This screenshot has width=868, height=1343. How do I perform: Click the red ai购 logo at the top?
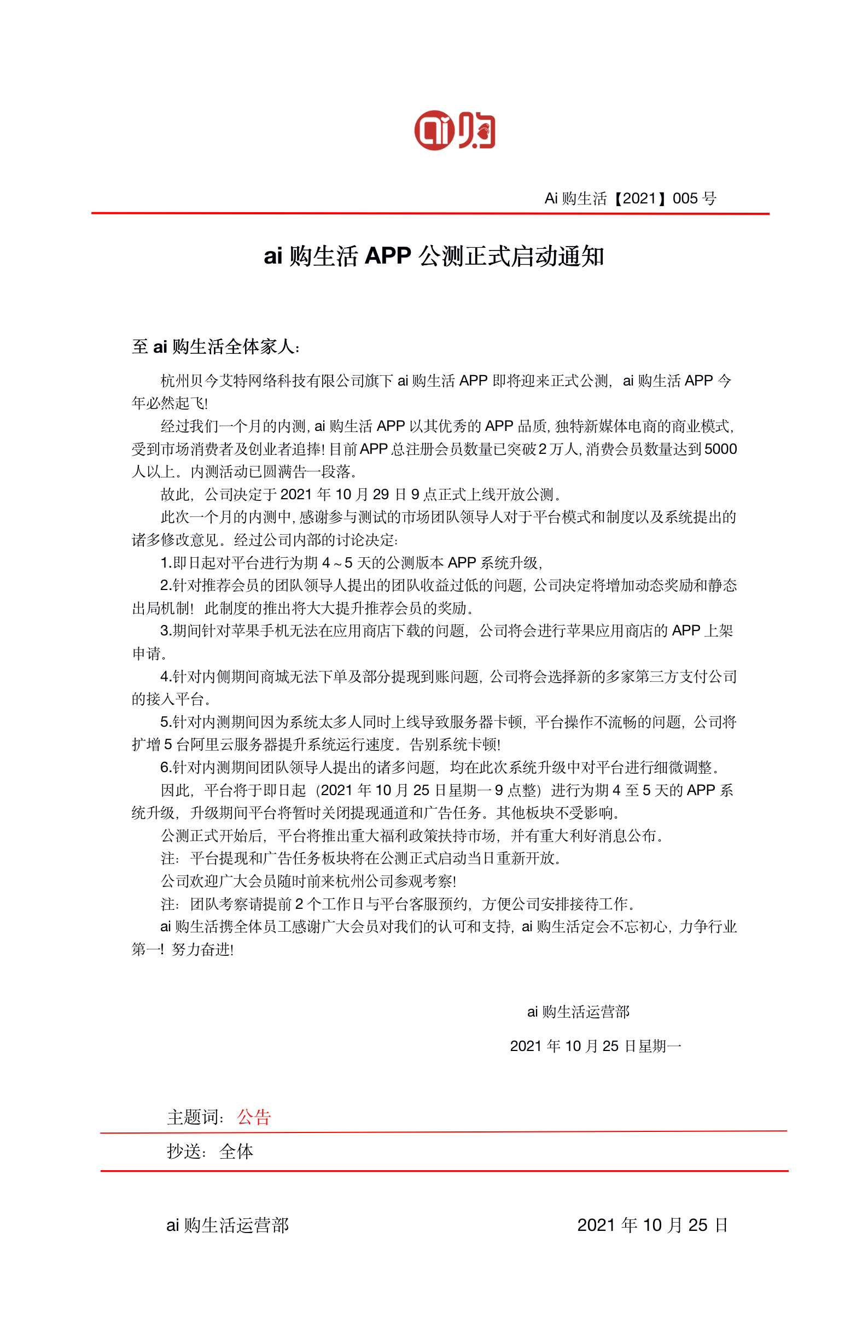click(x=455, y=130)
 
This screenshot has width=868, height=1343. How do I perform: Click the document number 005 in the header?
click(x=685, y=198)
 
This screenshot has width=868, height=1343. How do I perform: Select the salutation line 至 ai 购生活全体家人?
click(x=215, y=347)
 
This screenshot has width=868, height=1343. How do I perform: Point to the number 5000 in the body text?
click(x=720, y=449)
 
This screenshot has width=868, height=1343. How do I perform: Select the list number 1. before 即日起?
click(x=166, y=563)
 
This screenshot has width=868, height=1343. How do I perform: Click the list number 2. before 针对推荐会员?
click(x=166, y=585)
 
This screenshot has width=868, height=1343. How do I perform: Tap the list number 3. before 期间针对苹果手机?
click(x=166, y=631)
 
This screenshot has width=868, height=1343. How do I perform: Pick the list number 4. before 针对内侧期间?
click(x=166, y=676)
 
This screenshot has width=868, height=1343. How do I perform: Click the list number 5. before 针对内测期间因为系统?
click(x=166, y=722)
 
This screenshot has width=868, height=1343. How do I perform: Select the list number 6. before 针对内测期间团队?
click(x=166, y=767)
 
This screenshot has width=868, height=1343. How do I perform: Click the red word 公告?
click(x=254, y=1117)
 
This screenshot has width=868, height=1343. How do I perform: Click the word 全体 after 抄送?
click(x=236, y=1152)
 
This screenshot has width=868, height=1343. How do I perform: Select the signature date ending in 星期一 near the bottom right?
click(x=595, y=1046)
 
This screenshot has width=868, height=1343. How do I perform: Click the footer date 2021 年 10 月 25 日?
click(x=652, y=1225)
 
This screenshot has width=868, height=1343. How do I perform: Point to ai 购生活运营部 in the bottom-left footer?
click(x=227, y=1225)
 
